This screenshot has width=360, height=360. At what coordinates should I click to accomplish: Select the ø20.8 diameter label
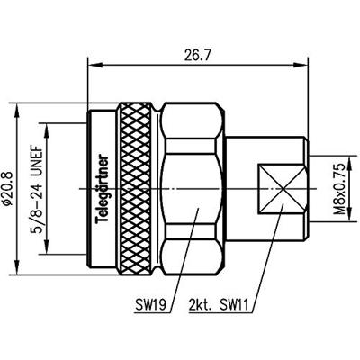coord(8,188)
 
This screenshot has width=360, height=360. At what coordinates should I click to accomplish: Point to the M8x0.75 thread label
coord(340,189)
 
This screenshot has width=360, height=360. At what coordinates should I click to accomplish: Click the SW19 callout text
coord(150,305)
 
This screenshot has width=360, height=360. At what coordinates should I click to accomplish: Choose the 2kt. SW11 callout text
coord(219,305)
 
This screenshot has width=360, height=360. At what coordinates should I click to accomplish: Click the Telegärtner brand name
coord(103,189)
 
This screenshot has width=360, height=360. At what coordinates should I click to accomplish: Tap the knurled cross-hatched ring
coord(136,188)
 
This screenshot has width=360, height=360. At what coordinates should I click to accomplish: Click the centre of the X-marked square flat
coord(282,189)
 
